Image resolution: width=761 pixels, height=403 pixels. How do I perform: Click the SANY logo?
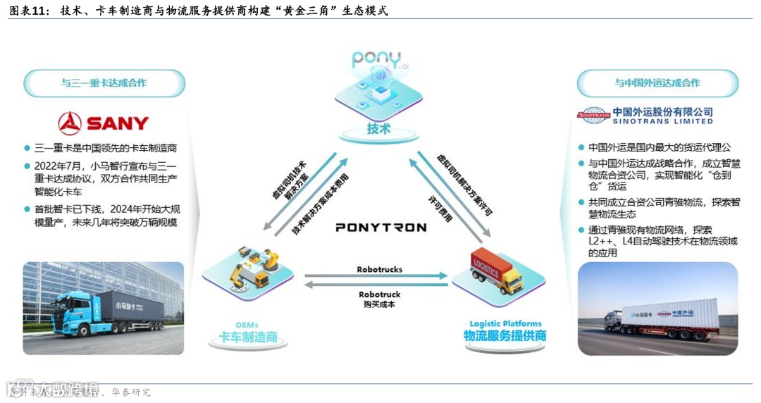[x=104, y=123]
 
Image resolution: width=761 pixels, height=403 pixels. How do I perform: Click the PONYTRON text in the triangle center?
[x=380, y=228]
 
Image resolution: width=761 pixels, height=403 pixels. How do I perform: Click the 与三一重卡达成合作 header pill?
[x=104, y=83]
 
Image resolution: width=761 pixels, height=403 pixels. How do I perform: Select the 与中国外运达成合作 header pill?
[x=657, y=83]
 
